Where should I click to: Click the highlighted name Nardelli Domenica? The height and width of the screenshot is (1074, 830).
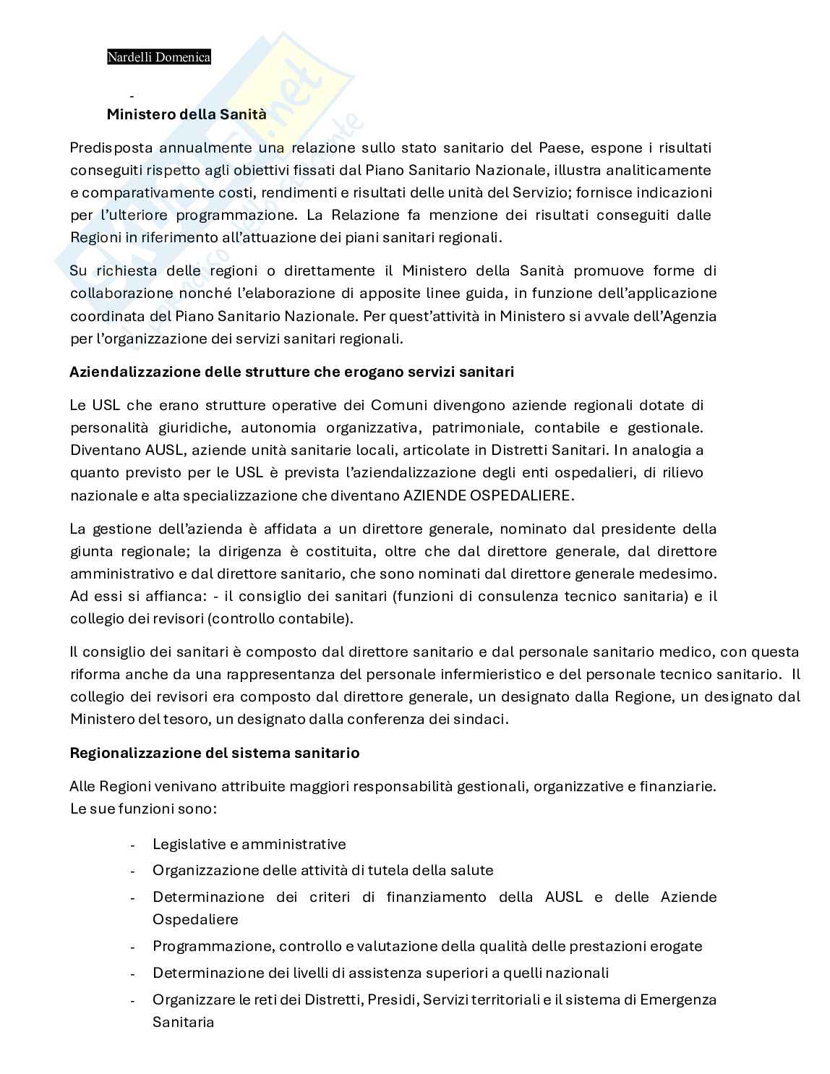tap(159, 57)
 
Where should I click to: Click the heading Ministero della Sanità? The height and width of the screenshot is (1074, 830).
tap(187, 114)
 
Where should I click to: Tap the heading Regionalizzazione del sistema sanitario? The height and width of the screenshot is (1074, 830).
tap(214, 753)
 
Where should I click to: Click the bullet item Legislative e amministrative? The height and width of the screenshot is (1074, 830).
tap(249, 844)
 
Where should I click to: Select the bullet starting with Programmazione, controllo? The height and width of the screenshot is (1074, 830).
tap(427, 946)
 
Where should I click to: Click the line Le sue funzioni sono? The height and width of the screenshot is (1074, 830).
tap(143, 808)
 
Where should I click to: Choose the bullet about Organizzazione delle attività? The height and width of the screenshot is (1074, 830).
tap(322, 870)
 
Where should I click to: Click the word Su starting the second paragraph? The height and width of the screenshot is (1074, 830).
tap(78, 271)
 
